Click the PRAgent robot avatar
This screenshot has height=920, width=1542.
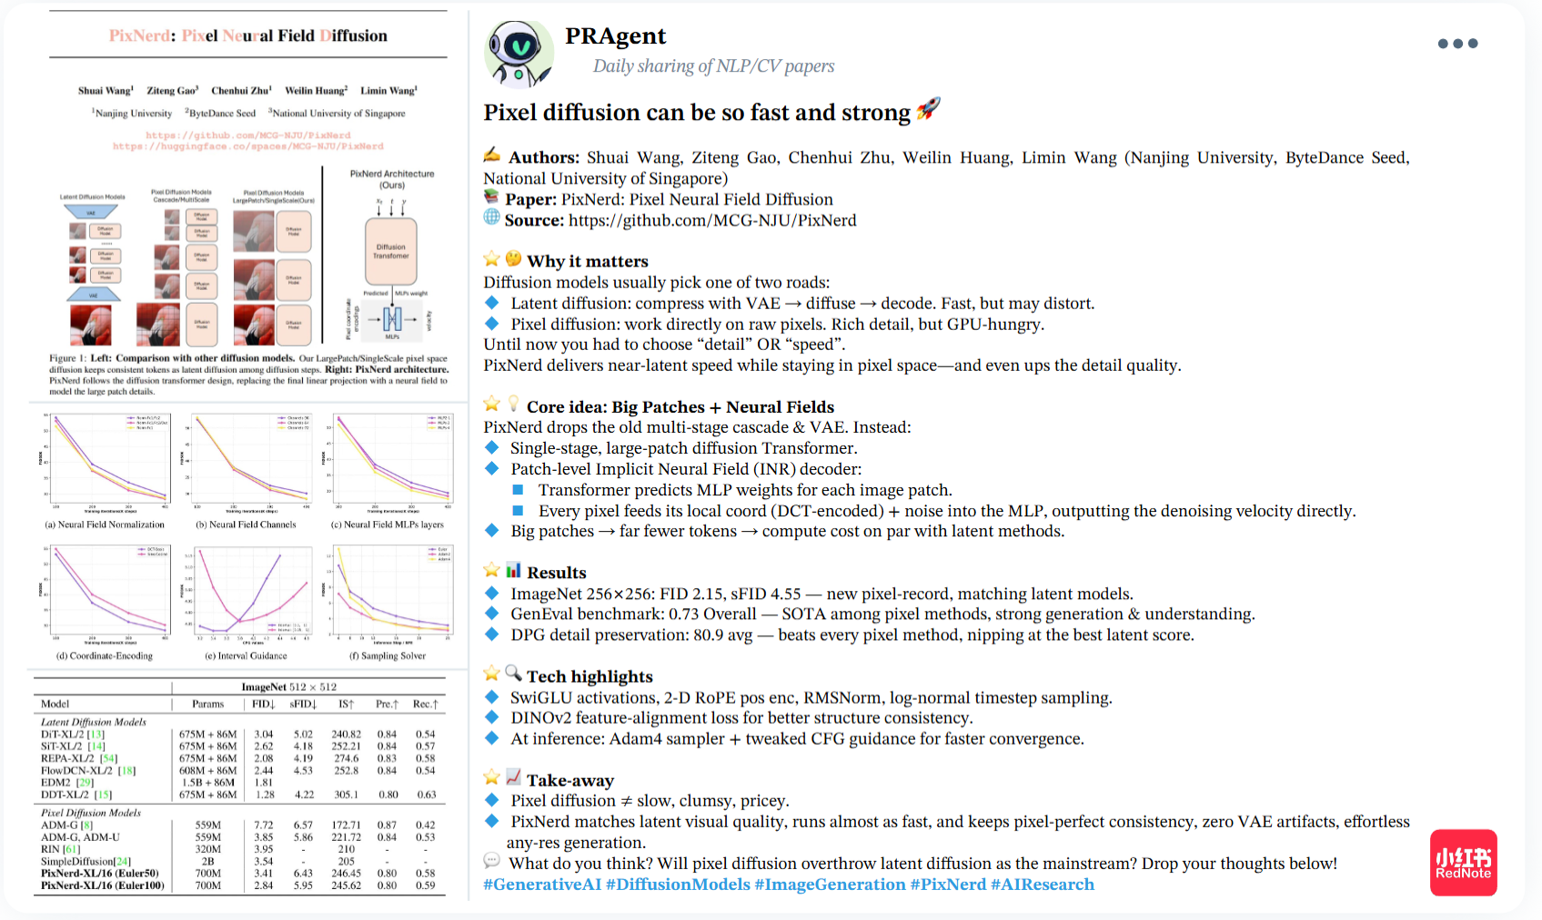point(519,53)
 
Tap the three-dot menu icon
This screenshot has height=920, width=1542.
point(1457,44)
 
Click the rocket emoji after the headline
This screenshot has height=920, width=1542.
point(928,109)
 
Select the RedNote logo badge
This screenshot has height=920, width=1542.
point(1463,862)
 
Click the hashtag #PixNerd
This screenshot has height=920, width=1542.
point(948,885)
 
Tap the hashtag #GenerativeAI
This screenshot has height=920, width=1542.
point(542,885)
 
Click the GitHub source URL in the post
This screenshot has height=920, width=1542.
point(712,220)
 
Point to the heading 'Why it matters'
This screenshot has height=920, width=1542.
point(588,262)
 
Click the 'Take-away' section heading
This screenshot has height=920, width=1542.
point(570,780)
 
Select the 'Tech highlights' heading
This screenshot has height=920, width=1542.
point(590,676)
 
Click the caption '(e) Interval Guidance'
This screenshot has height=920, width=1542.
point(246,655)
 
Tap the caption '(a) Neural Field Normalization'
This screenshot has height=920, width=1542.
point(105,525)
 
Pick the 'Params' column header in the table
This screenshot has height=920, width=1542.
point(207,704)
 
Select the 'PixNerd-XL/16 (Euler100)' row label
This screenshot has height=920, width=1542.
point(103,885)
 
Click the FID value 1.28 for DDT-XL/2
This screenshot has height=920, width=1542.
point(265,795)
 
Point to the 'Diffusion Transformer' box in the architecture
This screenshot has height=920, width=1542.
point(391,251)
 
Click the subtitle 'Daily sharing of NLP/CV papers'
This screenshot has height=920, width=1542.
point(713,65)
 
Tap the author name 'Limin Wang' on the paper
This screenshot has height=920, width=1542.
point(388,91)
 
